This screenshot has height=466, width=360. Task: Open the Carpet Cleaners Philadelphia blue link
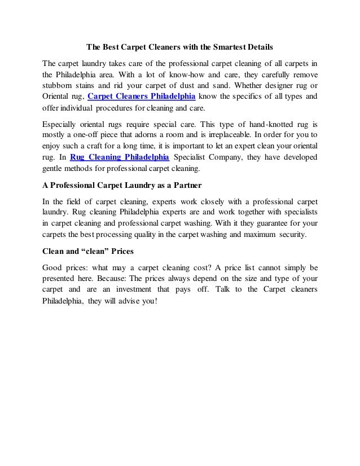click(142, 96)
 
